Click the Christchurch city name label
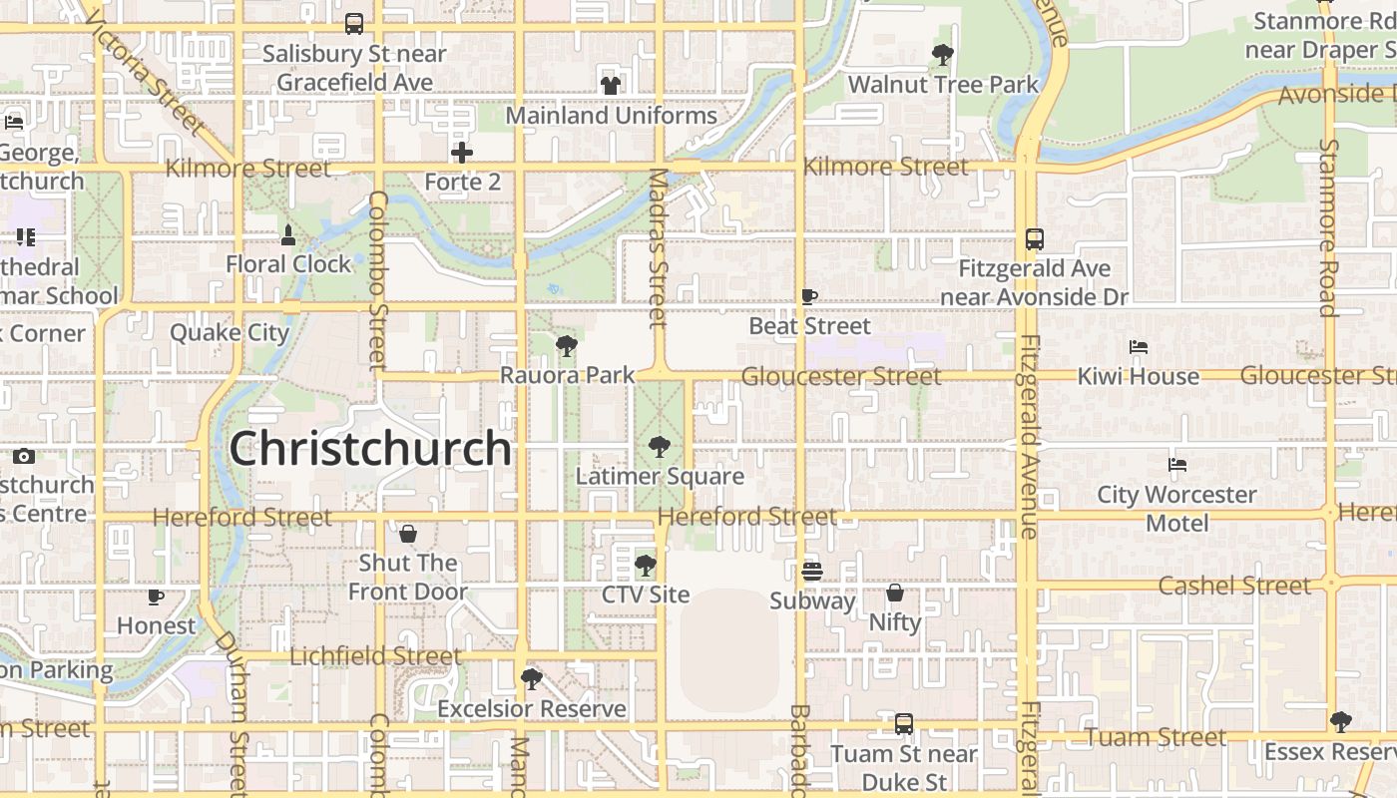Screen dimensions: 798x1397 coord(370,449)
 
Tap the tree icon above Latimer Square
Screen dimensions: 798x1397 coord(659,446)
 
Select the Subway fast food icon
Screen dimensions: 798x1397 coord(811,572)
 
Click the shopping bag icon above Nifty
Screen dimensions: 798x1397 coord(895,593)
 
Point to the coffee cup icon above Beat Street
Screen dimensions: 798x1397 coord(809,296)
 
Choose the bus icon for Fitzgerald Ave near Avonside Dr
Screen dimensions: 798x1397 coord(1034,239)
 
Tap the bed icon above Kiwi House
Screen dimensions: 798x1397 coord(1139,347)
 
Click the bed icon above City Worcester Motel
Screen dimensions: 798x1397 coord(1177,465)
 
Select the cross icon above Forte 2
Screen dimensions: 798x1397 coord(461,153)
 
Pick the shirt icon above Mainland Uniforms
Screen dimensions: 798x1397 coord(611,85)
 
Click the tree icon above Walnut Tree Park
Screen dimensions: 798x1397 coord(942,54)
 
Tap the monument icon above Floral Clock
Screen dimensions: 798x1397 coord(288,235)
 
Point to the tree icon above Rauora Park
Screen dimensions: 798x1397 coord(567,346)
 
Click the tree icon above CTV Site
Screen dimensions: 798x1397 coord(646,566)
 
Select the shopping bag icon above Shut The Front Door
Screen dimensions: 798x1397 coord(407,534)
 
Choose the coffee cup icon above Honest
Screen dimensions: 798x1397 coord(156,597)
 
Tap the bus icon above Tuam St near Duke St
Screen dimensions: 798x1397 coord(903,724)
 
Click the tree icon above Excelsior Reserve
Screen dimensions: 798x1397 coord(532,679)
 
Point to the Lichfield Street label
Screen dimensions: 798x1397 coord(375,656)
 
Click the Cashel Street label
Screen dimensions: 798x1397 coord(1233,586)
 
